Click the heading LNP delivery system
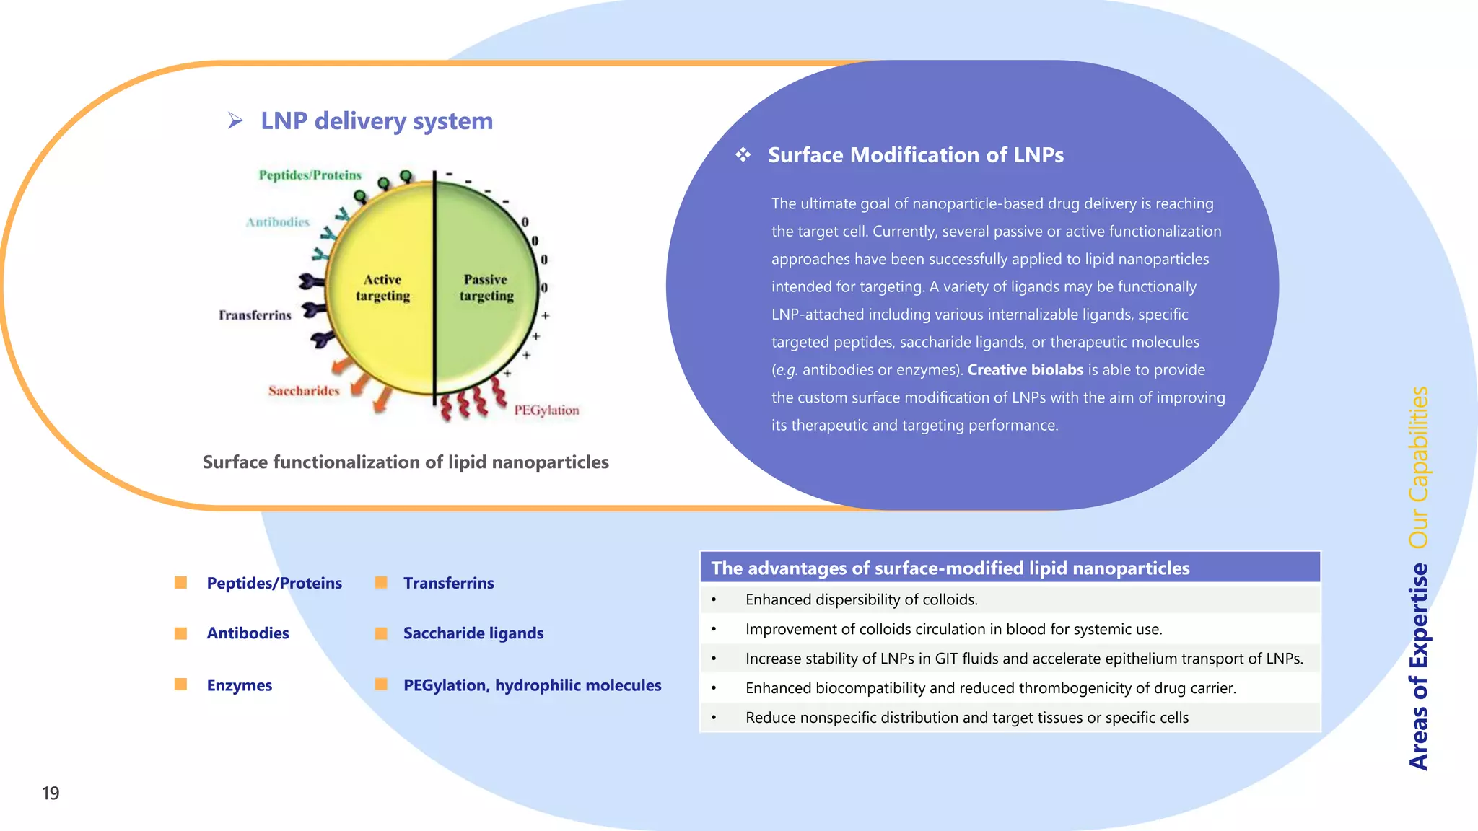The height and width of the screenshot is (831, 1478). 376,121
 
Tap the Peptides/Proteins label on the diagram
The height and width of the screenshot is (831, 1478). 310,175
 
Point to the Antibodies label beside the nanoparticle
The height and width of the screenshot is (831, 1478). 277,222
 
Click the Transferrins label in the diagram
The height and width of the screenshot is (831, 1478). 255,315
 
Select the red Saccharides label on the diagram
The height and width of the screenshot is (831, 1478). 303,391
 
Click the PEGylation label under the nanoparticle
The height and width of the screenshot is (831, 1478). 546,410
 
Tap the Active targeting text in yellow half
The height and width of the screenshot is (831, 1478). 382,288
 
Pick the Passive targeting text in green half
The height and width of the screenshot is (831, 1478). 486,288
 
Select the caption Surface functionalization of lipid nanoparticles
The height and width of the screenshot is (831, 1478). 406,462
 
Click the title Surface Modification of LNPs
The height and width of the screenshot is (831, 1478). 915,155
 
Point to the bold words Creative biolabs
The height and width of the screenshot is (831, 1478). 1025,370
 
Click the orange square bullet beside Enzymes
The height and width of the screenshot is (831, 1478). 180,685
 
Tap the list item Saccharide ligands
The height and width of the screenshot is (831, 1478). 473,633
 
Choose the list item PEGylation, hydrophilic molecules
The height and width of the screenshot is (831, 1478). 532,685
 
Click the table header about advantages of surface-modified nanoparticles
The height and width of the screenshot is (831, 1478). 950,568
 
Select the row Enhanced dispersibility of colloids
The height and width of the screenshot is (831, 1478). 861,599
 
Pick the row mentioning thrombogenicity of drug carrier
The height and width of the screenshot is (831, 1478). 990,688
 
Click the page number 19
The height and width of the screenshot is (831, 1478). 51,793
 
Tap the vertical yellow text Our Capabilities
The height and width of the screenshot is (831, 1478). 1418,467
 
